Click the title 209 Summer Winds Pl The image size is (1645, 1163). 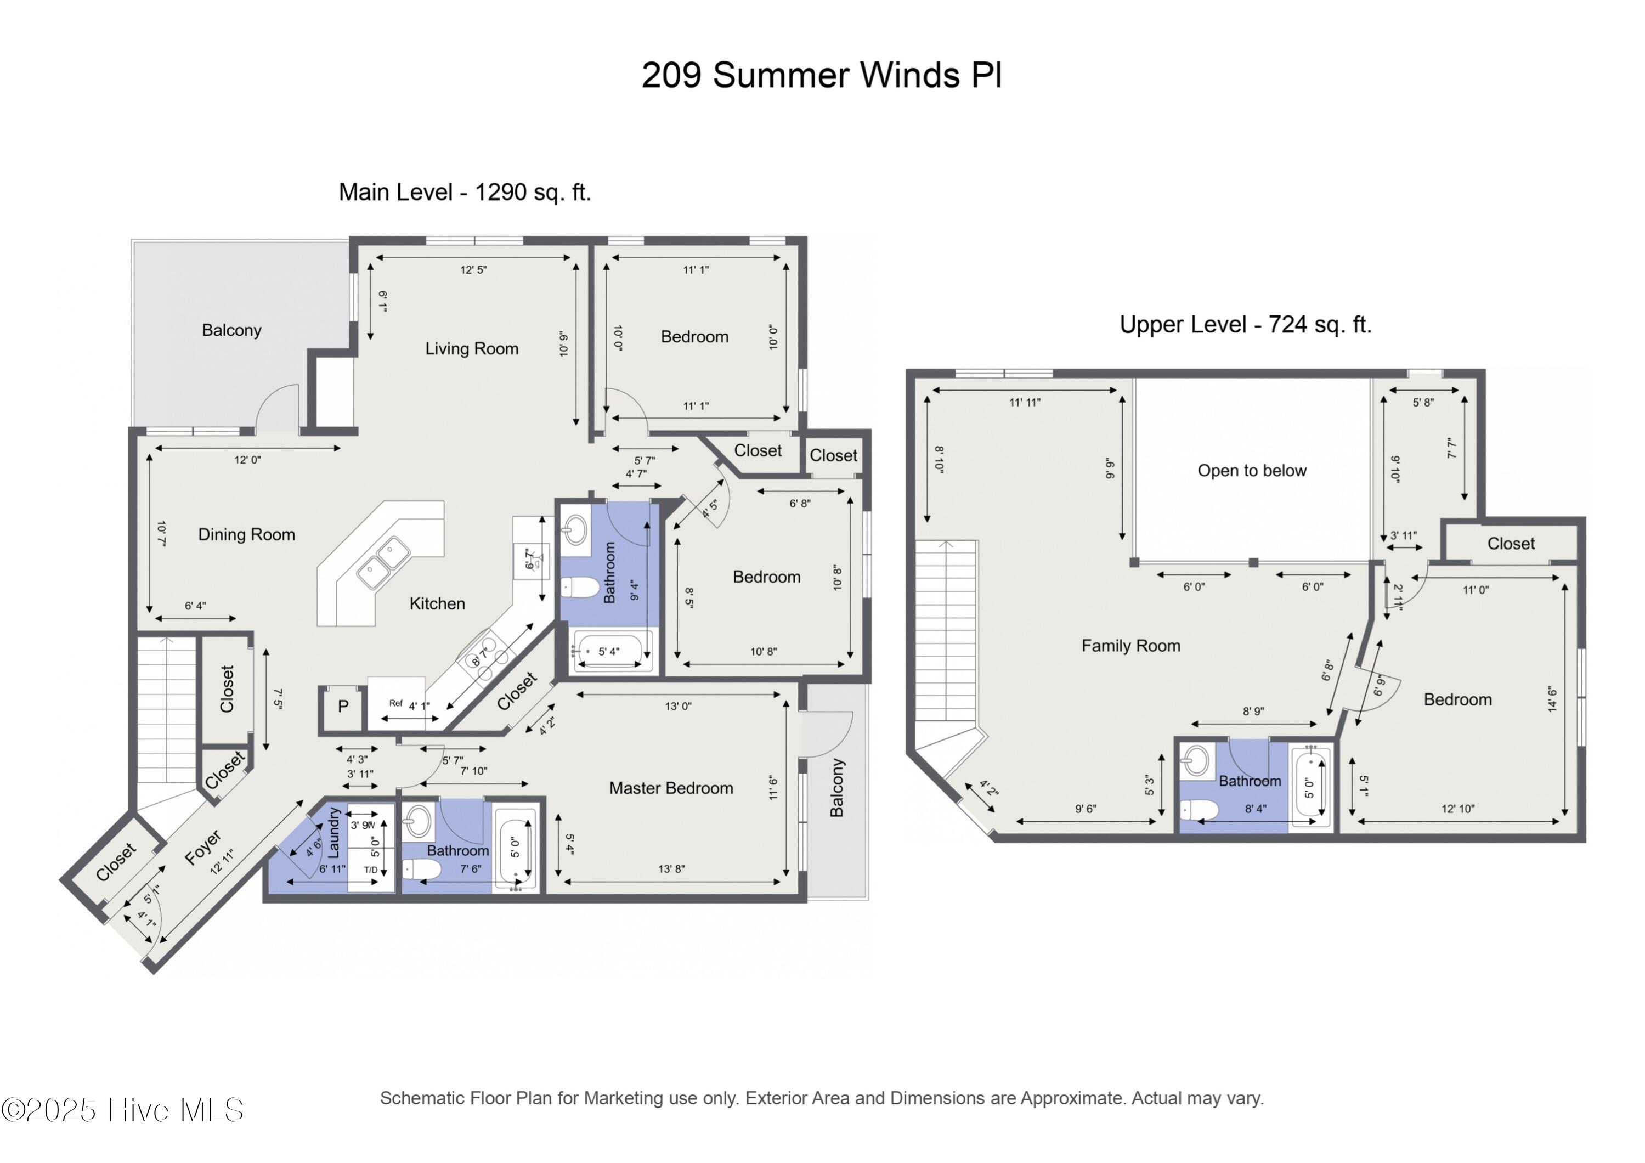coord(821,75)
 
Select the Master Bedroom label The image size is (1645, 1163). coord(671,788)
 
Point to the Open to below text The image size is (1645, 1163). coord(1252,471)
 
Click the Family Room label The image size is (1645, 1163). coord(1130,646)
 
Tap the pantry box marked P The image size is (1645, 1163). coord(343,707)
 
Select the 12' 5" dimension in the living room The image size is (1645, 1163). coord(473,270)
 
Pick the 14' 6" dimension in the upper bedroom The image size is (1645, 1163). coord(1552,699)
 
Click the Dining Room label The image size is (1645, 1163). coord(246,534)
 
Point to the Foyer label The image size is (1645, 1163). coord(203,849)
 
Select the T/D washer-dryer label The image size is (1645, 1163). coord(370,870)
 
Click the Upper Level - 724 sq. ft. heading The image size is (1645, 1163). coord(1245,325)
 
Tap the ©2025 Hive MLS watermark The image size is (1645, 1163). coord(122,1110)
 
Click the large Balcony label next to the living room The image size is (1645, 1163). coord(231,330)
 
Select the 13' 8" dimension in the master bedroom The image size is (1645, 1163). coord(671,869)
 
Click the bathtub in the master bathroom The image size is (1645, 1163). coord(516,851)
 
